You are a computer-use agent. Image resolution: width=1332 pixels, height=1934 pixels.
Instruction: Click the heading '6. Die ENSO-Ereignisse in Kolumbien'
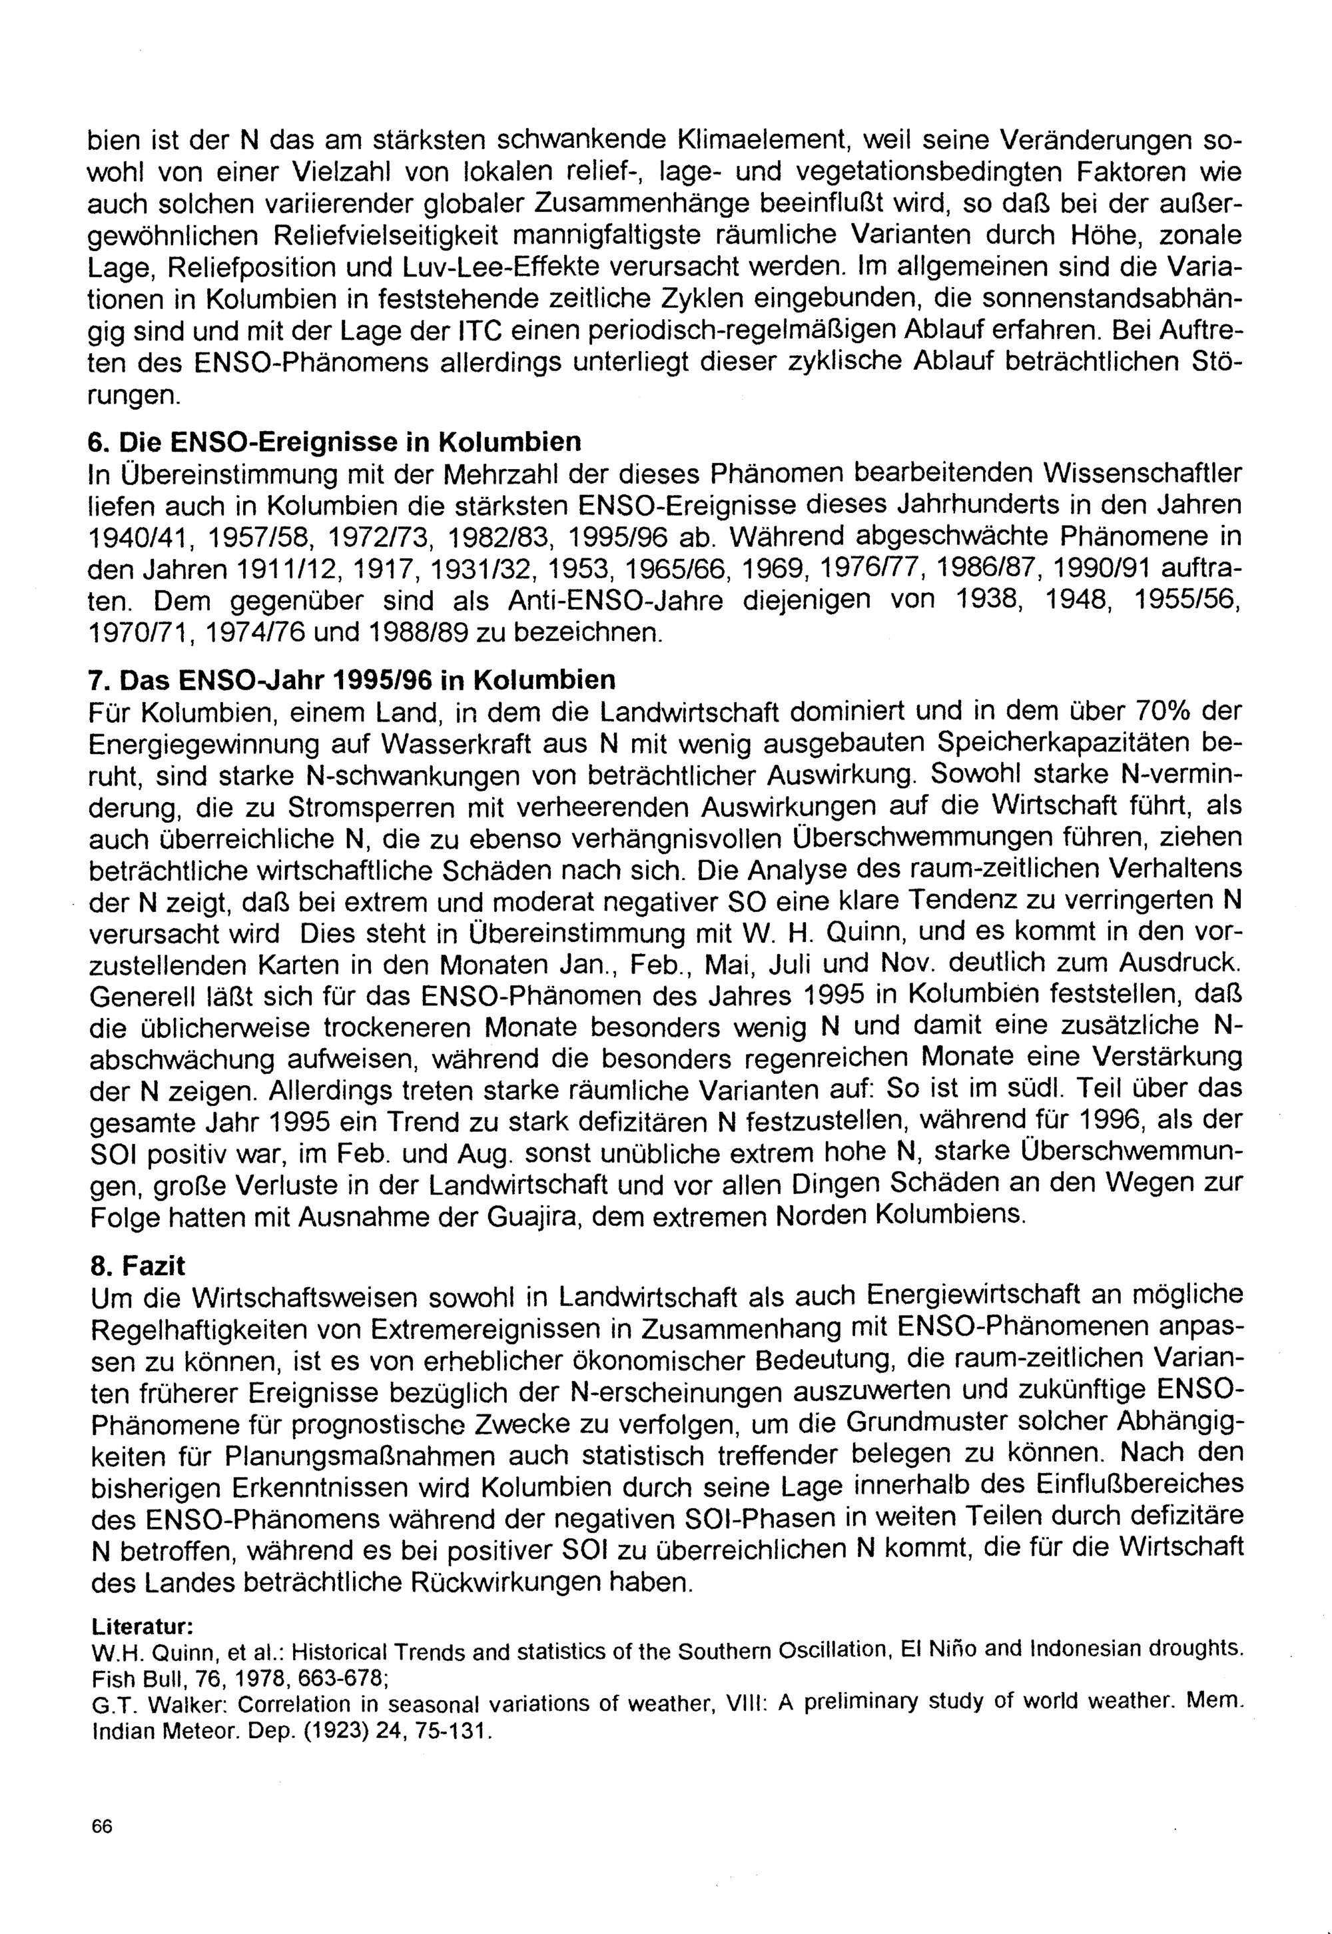[335, 441]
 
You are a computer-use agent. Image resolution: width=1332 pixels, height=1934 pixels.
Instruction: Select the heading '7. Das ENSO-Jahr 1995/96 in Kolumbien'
[352, 680]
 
